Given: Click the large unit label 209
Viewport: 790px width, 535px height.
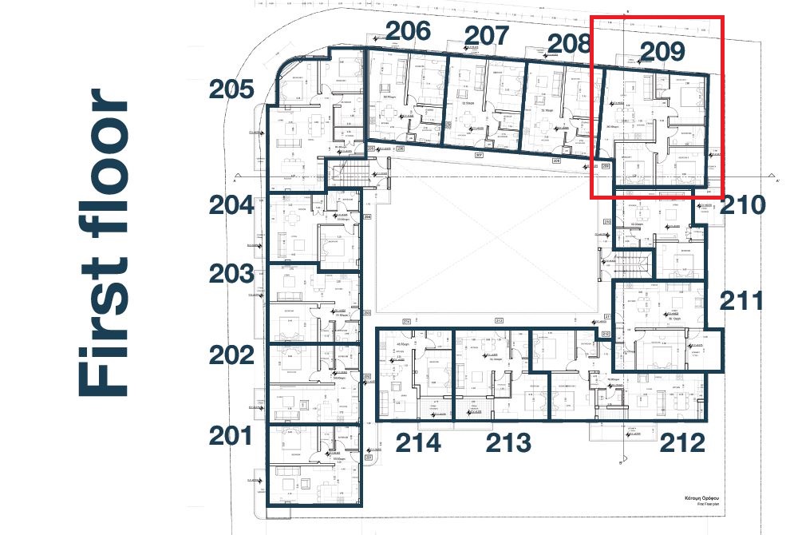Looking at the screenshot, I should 662,52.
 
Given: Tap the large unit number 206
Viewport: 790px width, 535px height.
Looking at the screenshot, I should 409,31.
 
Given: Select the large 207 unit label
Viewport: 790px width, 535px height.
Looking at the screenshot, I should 487,36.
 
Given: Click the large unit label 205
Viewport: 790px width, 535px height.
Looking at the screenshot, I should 231,89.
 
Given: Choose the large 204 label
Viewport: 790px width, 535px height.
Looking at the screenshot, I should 231,206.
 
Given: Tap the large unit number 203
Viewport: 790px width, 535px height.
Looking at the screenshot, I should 231,274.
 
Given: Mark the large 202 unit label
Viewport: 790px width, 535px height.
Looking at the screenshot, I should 231,355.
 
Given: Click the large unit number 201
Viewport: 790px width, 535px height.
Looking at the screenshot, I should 231,436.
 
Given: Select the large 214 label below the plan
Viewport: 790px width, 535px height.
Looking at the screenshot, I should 418,442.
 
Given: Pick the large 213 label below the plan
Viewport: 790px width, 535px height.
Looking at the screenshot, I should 508,442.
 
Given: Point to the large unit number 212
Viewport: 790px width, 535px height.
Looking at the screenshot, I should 681,442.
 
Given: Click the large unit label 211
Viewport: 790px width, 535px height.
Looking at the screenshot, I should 742,301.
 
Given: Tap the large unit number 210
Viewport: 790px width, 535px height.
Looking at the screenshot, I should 742,205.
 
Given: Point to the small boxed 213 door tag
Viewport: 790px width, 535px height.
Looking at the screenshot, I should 500,320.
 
